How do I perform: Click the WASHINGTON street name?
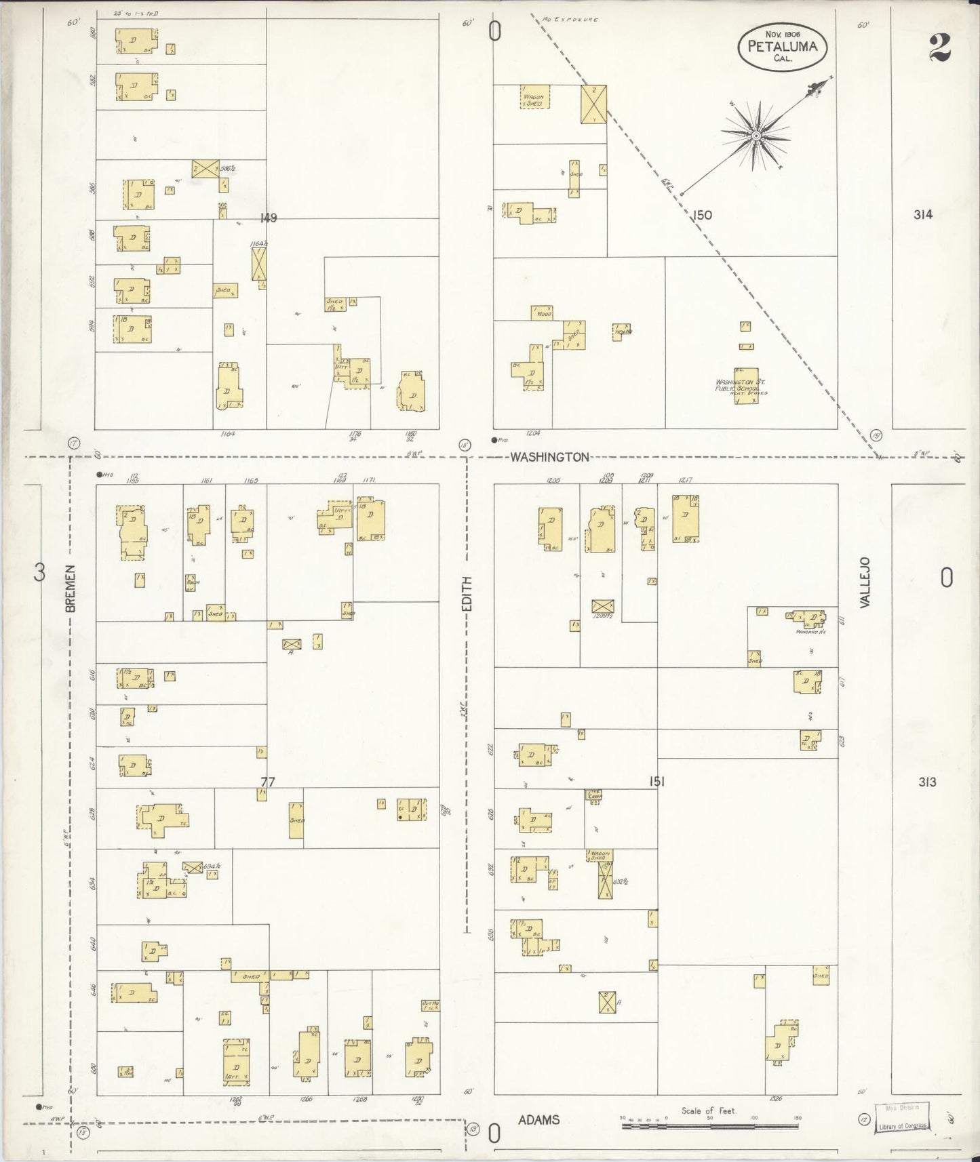pyautogui.click(x=549, y=457)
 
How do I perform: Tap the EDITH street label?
pyautogui.click(x=466, y=597)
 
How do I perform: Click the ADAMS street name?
pyautogui.click(x=539, y=1119)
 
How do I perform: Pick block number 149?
pyautogui.click(x=269, y=218)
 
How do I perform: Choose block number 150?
pyautogui.click(x=702, y=215)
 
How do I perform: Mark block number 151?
pyautogui.click(x=656, y=782)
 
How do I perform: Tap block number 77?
pyautogui.click(x=268, y=782)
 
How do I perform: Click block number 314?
pyautogui.click(x=922, y=215)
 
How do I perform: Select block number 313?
pyautogui.click(x=927, y=782)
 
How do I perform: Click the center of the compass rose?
pyautogui.click(x=755, y=136)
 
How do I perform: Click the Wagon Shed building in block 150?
pyautogui.click(x=534, y=97)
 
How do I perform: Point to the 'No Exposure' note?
pyautogui.click(x=570, y=20)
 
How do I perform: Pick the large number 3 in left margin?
pyautogui.click(x=40, y=573)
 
